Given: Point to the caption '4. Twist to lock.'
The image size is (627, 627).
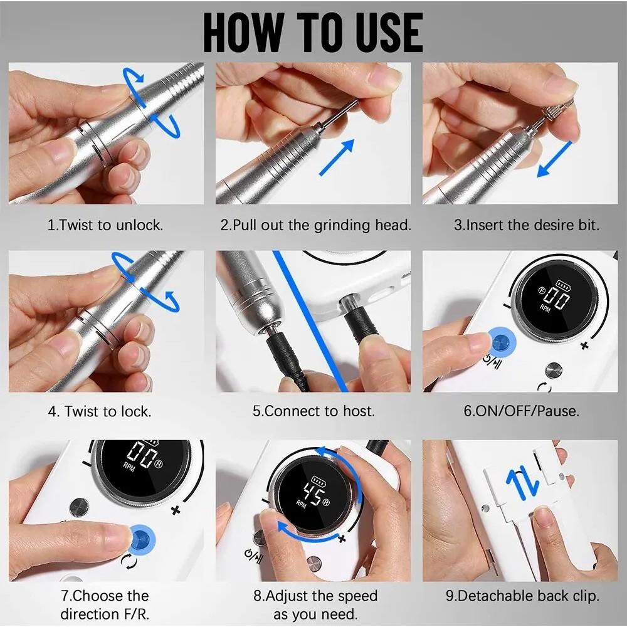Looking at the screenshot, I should pyautogui.click(x=100, y=412).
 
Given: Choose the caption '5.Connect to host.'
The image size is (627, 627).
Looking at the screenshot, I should pyautogui.click(x=313, y=412).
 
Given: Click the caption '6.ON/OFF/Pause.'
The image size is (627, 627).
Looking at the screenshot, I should pyautogui.click(x=521, y=412).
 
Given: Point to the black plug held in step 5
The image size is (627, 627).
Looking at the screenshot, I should pyautogui.click(x=361, y=326).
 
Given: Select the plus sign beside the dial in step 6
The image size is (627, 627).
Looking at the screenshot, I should pyautogui.click(x=584, y=345).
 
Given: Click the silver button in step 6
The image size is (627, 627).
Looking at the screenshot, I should pyautogui.click(x=552, y=369).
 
